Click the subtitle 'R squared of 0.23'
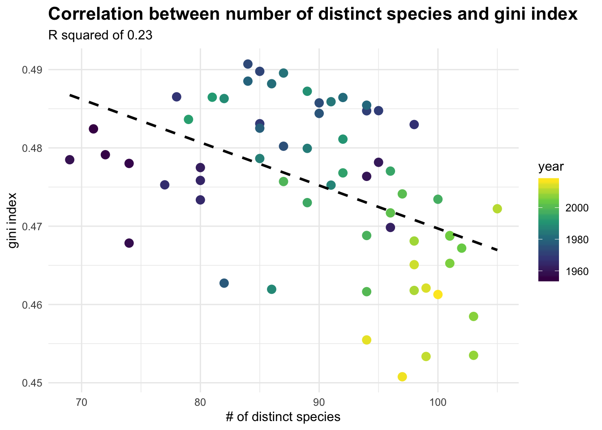click(x=100, y=36)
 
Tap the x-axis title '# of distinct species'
click(x=283, y=417)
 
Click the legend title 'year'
click(x=550, y=167)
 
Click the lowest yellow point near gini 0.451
click(x=402, y=376)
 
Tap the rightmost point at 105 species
click(x=497, y=209)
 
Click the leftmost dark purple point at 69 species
click(x=69, y=160)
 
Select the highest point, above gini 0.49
click(x=248, y=64)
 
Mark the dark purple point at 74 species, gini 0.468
click(x=129, y=243)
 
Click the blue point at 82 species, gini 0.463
click(x=224, y=283)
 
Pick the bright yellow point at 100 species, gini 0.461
click(x=438, y=294)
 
